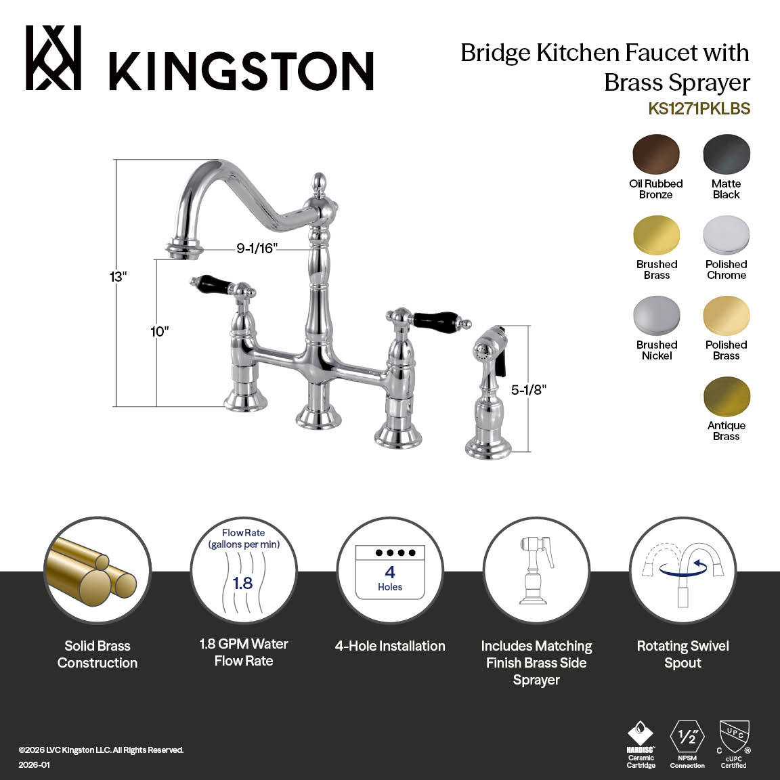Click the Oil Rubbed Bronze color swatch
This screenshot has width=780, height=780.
[x=656, y=155]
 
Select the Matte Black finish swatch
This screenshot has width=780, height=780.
[x=727, y=155]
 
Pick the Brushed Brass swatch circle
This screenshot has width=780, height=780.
[x=656, y=236]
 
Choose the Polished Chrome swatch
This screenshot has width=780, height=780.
[x=727, y=236]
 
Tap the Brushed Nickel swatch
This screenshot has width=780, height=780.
[x=656, y=316]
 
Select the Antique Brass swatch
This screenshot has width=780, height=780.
[x=727, y=397]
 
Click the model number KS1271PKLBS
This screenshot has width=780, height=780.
[x=699, y=109]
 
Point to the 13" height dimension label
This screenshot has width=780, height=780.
[x=118, y=277]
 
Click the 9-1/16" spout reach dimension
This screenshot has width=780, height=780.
[x=257, y=248]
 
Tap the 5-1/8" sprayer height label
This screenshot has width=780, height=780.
[x=528, y=390]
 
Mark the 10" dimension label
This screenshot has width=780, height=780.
[x=159, y=332]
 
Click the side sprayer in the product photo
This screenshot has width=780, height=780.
[x=490, y=393]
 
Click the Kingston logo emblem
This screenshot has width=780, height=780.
[x=53, y=58]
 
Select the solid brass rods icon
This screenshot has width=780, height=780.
[x=97, y=570]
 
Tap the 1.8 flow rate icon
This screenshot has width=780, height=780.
[x=243, y=570]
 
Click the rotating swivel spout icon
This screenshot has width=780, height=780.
[x=682, y=570]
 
